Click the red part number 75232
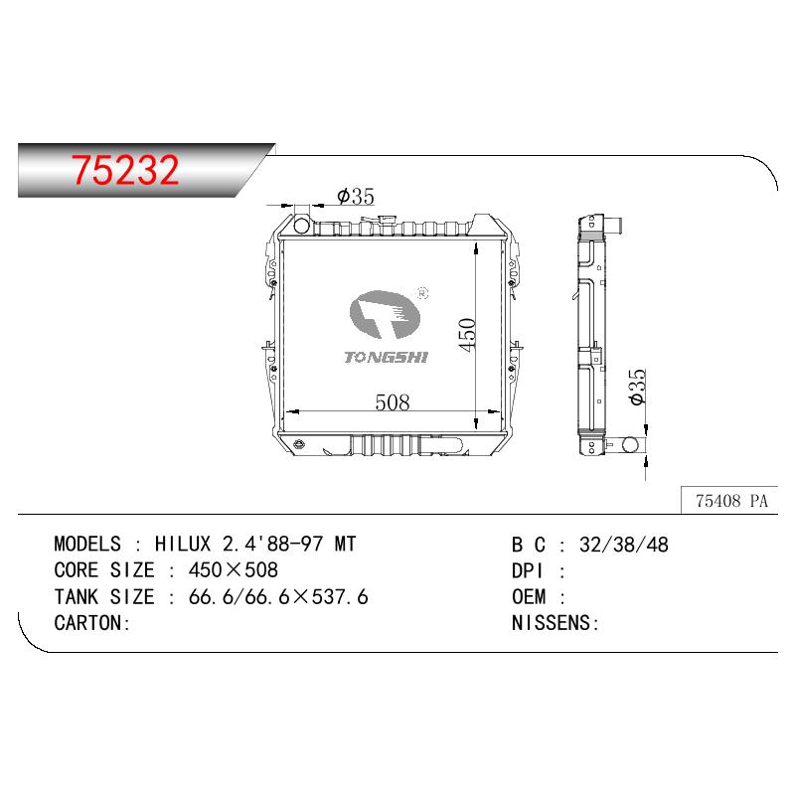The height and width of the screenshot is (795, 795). coord(125,169)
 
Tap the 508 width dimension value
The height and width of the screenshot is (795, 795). coord(392,402)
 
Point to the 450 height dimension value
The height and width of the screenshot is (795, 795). coord(467,335)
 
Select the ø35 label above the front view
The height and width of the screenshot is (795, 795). coord(356,196)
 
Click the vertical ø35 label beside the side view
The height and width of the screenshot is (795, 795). coord(637,387)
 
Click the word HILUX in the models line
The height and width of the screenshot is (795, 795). coord(183,544)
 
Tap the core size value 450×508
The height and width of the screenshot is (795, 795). coord(234,570)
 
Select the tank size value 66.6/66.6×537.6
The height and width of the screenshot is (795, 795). coord(278,597)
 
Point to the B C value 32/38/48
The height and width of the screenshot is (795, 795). coord(624,545)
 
